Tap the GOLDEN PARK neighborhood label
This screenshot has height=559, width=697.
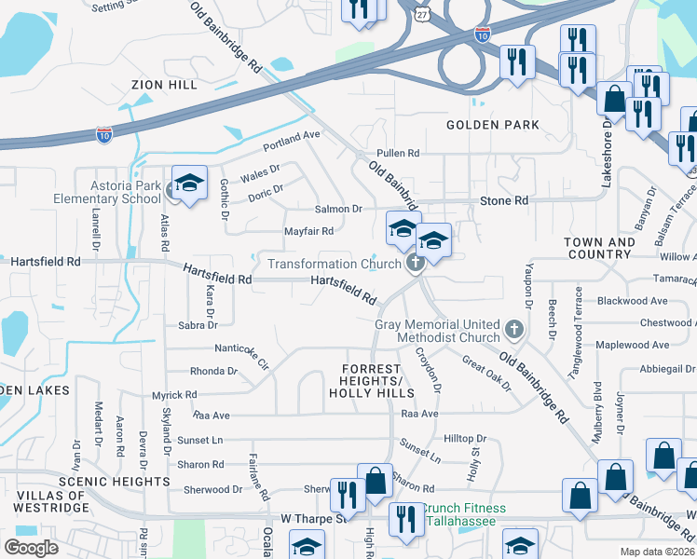coord(492,125)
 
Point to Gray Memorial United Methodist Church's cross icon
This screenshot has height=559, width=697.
coord(513,329)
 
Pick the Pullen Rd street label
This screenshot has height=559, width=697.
coord(398,153)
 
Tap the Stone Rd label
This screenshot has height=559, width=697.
coord(503,200)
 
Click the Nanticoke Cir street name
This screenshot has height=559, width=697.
coord(241,354)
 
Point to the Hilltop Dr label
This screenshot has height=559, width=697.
coord(465,438)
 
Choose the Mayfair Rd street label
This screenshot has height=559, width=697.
coord(308,231)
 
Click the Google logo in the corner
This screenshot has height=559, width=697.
coord(31,547)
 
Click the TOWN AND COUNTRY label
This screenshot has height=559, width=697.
coord(599,248)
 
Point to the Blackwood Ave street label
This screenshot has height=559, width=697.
coord(633,301)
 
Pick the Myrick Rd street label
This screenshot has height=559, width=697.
coord(174,395)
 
